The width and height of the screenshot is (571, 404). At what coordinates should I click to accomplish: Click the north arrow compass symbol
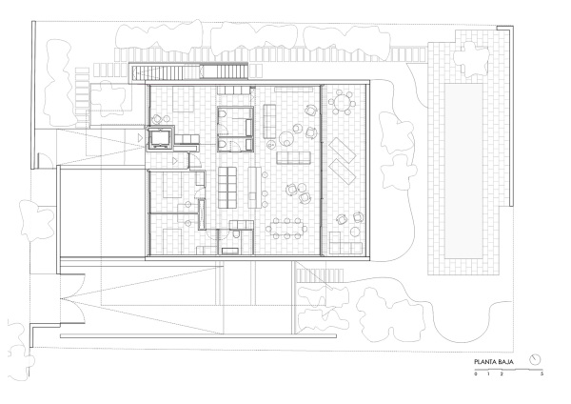[x=535, y=359]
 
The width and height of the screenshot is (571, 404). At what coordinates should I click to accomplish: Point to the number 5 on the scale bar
[x=542, y=374]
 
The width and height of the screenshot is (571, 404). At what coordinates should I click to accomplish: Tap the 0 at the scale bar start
[x=476, y=374]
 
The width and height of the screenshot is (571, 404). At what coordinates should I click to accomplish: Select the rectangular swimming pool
[x=463, y=172]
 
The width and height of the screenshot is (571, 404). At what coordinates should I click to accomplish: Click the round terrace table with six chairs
[x=343, y=103]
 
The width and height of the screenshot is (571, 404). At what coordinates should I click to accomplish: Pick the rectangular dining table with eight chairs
[x=287, y=229]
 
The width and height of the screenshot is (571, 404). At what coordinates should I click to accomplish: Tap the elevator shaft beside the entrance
[x=160, y=138]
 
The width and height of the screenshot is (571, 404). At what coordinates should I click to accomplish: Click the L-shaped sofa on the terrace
[x=345, y=243]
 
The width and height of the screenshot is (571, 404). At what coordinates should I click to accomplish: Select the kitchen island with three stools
[x=256, y=187]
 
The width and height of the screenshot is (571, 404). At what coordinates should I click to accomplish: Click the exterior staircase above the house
[x=188, y=71]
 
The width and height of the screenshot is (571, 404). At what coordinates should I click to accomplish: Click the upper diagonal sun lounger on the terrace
[x=343, y=150]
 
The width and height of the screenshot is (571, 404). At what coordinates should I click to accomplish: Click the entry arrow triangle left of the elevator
[x=141, y=138]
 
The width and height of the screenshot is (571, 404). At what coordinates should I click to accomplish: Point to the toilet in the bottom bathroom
[x=237, y=234]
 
